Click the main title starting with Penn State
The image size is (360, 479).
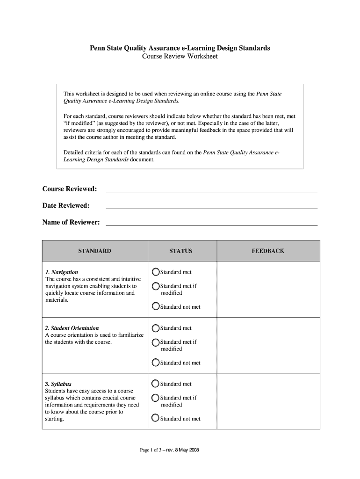pos(180,48)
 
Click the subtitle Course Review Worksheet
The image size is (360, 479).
pos(180,57)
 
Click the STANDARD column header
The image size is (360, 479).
pos(94,251)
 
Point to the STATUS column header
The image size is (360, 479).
pos(180,251)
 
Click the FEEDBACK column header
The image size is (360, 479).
pos(268,251)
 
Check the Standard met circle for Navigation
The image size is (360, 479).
pos(156,272)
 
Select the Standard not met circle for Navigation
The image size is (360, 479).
pos(156,307)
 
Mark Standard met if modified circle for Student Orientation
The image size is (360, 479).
pos(156,342)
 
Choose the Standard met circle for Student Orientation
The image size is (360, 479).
pos(156,328)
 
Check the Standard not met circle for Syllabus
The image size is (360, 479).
pos(156,419)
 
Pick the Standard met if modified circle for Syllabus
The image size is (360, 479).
pos(156,398)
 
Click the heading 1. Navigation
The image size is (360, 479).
pos(62,272)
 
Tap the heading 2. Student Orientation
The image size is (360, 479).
pos(72,328)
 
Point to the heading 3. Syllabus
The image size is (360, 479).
pos(58,384)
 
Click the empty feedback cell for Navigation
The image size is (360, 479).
pos(268,289)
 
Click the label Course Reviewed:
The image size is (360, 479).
pos(70,189)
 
